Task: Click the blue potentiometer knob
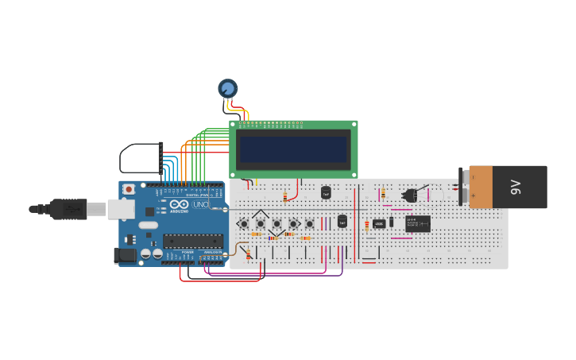[x=228, y=88]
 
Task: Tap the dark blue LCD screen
[x=293, y=149]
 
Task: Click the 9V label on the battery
[x=516, y=188]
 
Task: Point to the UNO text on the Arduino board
[x=200, y=205]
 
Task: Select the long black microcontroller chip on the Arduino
[x=193, y=240]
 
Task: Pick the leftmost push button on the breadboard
[x=244, y=223]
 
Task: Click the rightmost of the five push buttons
[x=310, y=223]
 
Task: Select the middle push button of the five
[x=276, y=223]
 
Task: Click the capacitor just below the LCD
[x=326, y=192]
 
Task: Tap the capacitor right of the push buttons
[x=342, y=221]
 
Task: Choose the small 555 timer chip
[x=379, y=223]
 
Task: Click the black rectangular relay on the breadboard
[x=418, y=223]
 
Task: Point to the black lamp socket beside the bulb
[x=411, y=195]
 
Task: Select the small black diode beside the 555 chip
[x=392, y=222]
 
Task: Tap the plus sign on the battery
[x=474, y=195]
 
